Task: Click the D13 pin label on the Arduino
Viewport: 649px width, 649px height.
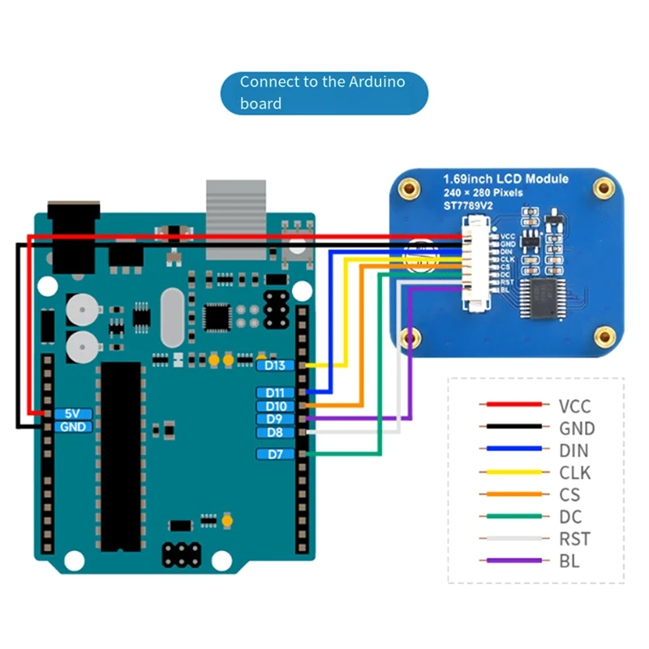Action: click(276, 365)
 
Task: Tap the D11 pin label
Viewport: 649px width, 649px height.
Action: click(276, 393)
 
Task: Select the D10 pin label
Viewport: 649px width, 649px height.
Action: click(276, 406)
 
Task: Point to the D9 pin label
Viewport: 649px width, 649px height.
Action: click(276, 419)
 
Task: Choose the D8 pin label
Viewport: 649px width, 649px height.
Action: click(276, 433)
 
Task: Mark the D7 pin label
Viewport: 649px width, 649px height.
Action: click(276, 454)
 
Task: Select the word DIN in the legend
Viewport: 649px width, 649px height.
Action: click(574, 450)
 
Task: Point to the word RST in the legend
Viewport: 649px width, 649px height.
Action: click(574, 539)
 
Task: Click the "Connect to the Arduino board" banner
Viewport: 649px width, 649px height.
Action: click(324, 92)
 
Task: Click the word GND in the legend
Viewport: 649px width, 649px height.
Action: click(576, 428)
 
